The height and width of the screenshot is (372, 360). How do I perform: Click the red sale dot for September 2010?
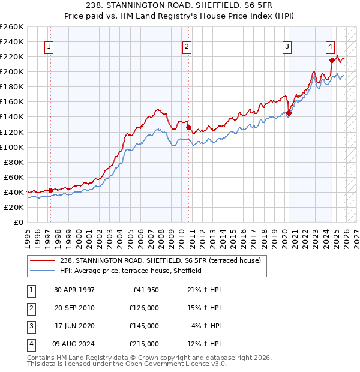pos(188,127)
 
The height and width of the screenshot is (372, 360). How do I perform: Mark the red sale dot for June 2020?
pos(289,113)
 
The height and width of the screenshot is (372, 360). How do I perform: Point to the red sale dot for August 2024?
pos(332,60)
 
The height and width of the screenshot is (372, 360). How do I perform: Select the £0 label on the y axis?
pos(18,222)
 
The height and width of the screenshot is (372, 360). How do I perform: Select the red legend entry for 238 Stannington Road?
pos(160,260)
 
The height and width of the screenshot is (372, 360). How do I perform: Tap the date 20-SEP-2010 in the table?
pos(74,308)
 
